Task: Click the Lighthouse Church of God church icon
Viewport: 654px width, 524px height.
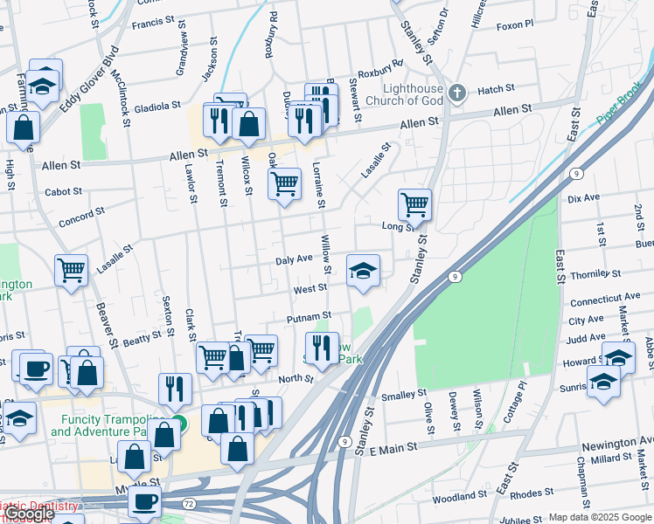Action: point(456,93)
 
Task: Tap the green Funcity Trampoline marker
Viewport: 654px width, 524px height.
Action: point(178,424)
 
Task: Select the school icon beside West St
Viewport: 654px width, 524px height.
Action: point(363,270)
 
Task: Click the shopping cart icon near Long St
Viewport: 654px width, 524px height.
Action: point(414,205)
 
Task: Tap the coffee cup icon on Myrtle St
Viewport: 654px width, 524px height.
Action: point(144,502)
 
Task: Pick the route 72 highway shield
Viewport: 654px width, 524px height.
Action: point(189,505)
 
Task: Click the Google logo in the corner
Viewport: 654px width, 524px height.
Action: point(28,514)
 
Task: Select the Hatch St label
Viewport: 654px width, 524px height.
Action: point(496,89)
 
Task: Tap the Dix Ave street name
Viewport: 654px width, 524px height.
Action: point(583,198)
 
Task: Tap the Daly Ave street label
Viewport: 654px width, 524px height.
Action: point(294,259)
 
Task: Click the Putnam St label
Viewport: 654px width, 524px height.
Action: point(309,316)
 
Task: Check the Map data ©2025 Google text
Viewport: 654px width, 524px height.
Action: point(599,517)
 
